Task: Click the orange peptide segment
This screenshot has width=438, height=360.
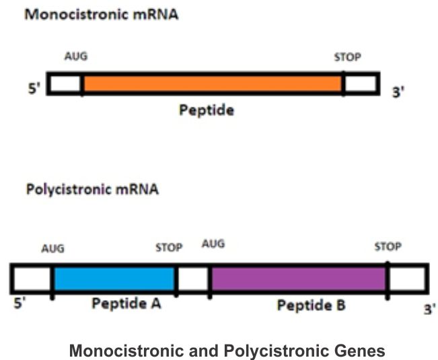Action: pos(212,83)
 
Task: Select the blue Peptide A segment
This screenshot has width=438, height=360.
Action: pos(114,278)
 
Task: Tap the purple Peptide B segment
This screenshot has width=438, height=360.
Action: pos(298,278)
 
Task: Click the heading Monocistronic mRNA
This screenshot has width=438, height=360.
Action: pos(102,14)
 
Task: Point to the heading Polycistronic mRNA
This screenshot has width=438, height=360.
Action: pos(92,189)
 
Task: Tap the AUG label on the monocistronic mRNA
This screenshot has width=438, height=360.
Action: pos(76,57)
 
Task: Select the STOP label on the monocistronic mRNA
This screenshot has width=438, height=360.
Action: pos(347,57)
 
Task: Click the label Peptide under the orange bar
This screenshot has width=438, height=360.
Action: pos(207,110)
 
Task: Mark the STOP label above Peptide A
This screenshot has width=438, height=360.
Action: pos(169,248)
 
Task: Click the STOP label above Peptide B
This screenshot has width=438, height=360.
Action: pos(388,247)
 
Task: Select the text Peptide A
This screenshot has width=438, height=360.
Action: pos(126,303)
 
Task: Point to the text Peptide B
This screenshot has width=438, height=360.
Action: pos(312,306)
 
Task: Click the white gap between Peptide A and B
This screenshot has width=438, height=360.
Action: pos(193,278)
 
